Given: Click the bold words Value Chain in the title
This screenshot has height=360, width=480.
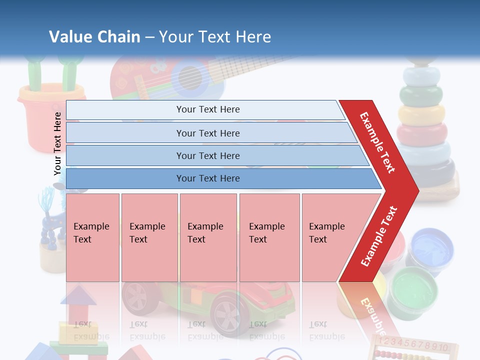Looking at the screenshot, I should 94,36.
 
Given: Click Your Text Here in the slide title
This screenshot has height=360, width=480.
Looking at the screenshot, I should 215,36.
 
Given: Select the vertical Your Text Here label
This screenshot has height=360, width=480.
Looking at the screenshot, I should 57,143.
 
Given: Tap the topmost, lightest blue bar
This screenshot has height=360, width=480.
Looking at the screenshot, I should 207,109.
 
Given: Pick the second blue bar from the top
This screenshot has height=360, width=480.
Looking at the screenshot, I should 207,133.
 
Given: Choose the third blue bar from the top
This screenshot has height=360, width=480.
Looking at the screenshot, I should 207,155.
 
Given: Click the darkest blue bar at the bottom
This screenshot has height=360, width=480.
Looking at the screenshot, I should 207,178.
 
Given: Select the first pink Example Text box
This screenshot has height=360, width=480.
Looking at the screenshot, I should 92,237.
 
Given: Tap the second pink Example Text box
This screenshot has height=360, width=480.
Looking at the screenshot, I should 149,237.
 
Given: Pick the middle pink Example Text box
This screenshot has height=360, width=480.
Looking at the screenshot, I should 208,237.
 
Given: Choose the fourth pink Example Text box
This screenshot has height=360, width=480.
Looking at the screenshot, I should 269,237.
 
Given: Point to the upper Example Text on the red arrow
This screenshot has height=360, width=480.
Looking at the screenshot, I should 377,142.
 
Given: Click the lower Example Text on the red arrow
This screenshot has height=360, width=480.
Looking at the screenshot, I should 378,236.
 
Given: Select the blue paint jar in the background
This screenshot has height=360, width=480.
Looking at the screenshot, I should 431,247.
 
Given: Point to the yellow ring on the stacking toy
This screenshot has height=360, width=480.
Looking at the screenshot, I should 421,114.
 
